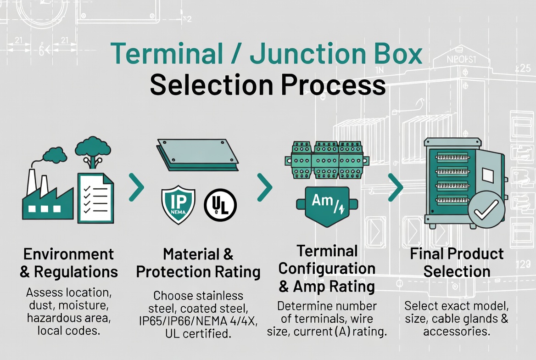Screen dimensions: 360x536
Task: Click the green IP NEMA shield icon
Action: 178,205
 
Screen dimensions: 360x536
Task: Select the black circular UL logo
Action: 220,204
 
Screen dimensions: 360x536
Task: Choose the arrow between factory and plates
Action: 136,187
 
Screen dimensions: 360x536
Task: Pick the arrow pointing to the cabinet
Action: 395,187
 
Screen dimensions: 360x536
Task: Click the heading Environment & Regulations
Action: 68,263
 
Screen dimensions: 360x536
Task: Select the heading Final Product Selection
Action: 457,262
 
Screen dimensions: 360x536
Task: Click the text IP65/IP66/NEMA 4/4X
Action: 198,321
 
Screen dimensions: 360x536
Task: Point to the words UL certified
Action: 198,333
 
